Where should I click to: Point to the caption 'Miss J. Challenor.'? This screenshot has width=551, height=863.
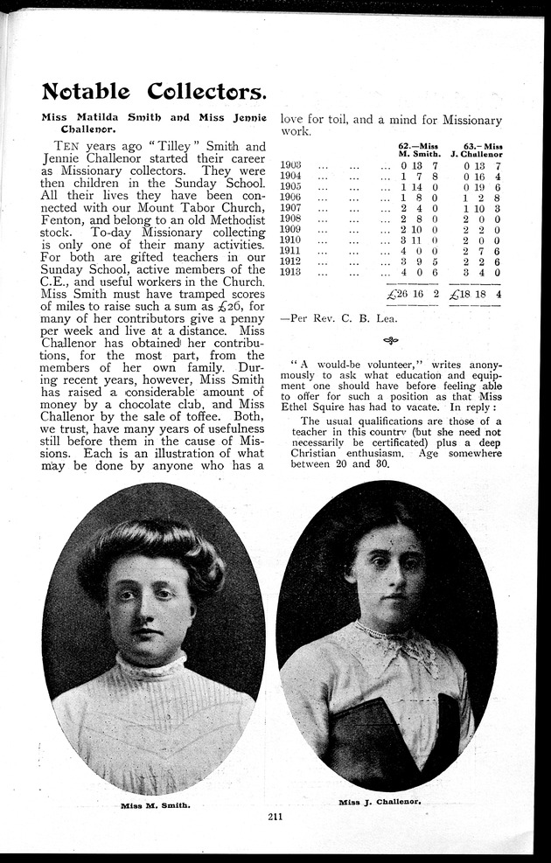[380, 801]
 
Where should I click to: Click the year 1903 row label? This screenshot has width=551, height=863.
[292, 164]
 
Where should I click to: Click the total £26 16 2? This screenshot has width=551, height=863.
[411, 295]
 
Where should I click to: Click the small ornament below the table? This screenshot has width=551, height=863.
[390, 340]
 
